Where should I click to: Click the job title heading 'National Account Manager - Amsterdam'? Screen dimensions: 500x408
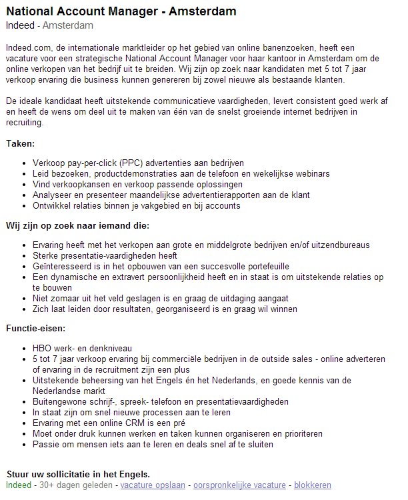click(x=121, y=12)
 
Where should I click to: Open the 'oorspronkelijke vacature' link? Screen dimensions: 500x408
click(x=237, y=485)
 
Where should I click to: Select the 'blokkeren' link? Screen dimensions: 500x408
click(x=312, y=485)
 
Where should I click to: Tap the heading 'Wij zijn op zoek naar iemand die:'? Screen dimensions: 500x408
click(x=77, y=225)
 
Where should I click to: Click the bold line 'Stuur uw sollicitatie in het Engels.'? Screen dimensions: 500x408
click(x=78, y=475)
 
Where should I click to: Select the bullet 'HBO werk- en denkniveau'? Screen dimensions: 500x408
click(x=82, y=348)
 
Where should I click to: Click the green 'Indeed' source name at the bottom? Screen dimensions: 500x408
click(x=19, y=485)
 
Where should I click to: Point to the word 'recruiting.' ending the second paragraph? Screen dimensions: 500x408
click(x=25, y=123)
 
